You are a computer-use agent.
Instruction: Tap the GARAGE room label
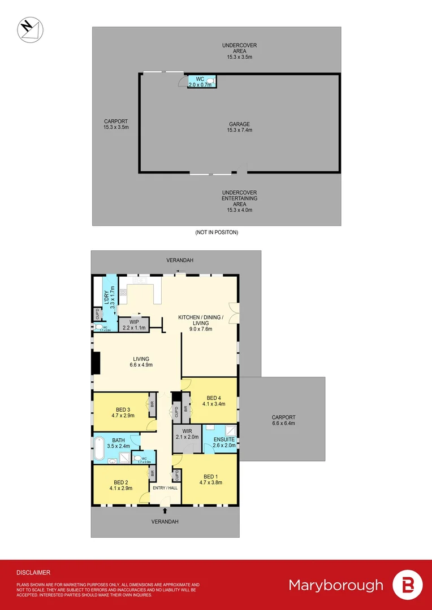[x=239, y=124]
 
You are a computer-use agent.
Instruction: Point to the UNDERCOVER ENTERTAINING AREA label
[x=239, y=199]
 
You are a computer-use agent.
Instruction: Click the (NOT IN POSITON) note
[x=217, y=232]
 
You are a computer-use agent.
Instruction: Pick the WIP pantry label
[x=134, y=321]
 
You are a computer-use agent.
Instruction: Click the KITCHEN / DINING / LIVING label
[x=201, y=317]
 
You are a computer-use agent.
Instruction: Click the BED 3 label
[x=123, y=409]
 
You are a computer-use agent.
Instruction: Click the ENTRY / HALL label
[x=164, y=487]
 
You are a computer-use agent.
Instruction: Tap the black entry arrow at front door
[x=165, y=510]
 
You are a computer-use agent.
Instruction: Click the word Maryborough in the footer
[x=335, y=585]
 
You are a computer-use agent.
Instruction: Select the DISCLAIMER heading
[x=33, y=572]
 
